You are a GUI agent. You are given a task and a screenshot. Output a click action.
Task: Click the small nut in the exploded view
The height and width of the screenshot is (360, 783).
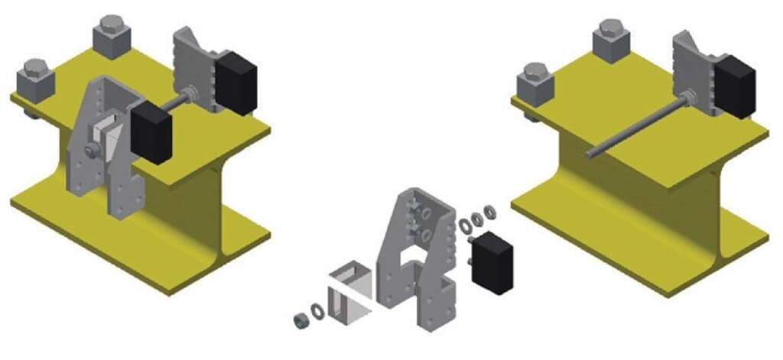click(x=301, y=317)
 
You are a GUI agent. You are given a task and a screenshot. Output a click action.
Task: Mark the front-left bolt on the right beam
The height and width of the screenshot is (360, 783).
click(x=536, y=82)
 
